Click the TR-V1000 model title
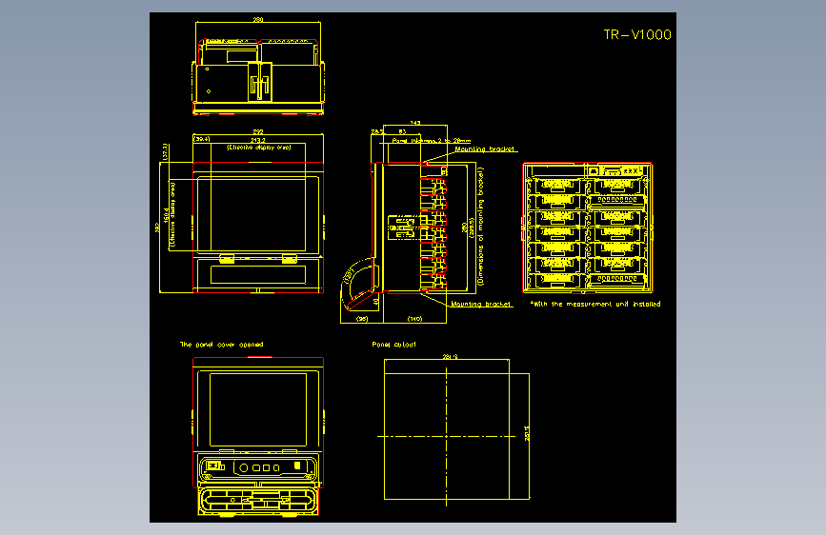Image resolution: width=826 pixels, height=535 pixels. click(637, 35)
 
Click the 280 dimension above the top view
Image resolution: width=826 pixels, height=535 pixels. click(258, 20)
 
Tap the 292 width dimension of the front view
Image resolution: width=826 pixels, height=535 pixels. click(258, 131)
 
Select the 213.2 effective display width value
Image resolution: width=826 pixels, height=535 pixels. click(258, 140)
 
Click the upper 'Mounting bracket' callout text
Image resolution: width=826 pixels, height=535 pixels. click(484, 149)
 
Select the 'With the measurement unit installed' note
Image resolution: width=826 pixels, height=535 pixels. click(595, 304)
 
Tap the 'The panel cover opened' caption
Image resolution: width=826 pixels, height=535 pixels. click(221, 344)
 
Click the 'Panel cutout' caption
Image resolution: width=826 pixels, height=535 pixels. click(393, 344)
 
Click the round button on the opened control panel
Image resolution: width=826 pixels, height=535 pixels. click(244, 467)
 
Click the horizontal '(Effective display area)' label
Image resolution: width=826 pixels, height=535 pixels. click(258, 149)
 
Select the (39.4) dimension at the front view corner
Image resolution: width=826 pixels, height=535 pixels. click(202, 139)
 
